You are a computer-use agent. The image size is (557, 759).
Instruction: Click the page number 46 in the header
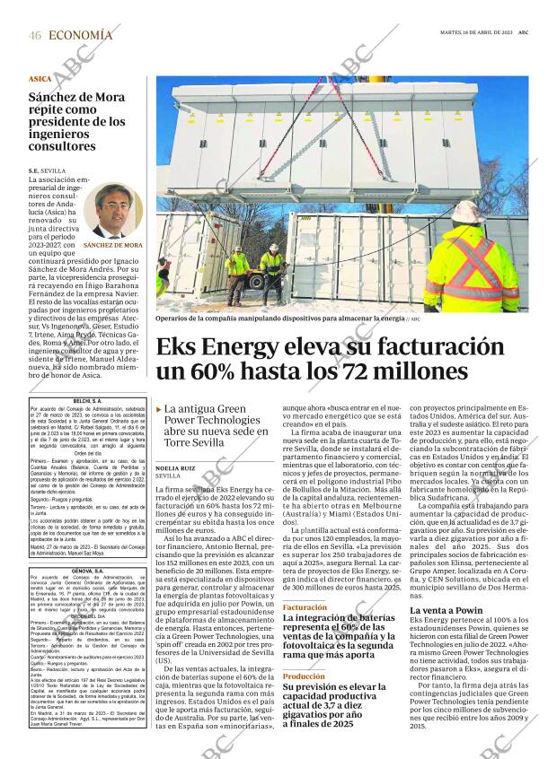(35, 35)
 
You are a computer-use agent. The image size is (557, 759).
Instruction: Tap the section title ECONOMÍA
(81, 35)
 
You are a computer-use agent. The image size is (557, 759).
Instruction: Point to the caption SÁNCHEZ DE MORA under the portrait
(111, 244)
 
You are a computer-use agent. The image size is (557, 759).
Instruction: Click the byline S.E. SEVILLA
(46, 170)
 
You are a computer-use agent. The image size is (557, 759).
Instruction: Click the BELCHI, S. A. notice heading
(87, 402)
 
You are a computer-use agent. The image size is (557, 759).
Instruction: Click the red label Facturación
(305, 607)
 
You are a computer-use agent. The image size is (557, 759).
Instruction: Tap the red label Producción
(304, 676)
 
